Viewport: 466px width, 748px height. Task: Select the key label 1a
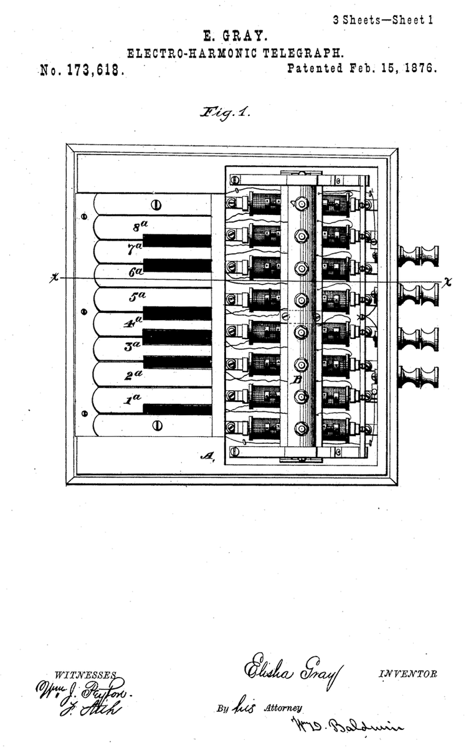pos(132,400)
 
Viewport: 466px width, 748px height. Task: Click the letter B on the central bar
pos(298,379)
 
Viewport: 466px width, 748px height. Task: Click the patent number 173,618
pos(92,70)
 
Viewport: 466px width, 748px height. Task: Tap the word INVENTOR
pos(407,674)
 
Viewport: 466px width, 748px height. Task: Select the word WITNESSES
pos(86,675)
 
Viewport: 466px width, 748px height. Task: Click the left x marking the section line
pos(54,279)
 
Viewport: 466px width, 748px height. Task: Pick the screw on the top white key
pos(156,204)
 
